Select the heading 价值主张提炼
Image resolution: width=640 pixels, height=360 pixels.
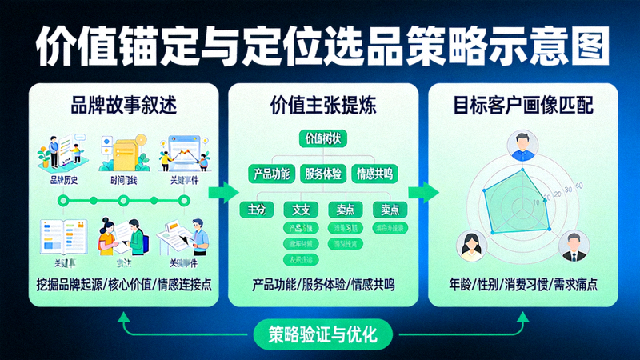[323, 105]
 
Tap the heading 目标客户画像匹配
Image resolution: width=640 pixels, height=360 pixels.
[523, 105]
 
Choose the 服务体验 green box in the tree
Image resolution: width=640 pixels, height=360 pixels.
[323, 173]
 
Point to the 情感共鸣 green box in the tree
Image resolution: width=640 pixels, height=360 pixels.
[376, 173]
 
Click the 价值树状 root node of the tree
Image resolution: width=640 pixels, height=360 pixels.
[323, 138]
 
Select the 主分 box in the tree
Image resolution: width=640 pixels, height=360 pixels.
[257, 210]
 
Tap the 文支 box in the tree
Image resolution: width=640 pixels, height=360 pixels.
[302, 210]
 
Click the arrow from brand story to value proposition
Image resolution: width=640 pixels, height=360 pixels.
[226, 192]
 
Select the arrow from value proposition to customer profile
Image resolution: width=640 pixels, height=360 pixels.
[423, 192]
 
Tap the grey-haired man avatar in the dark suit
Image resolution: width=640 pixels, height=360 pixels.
[573, 246]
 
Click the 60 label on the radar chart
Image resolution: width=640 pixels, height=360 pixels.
[578, 186]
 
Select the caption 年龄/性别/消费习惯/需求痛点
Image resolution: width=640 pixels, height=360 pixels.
[523, 285]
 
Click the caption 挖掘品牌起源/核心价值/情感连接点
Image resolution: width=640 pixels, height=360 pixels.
[124, 285]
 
